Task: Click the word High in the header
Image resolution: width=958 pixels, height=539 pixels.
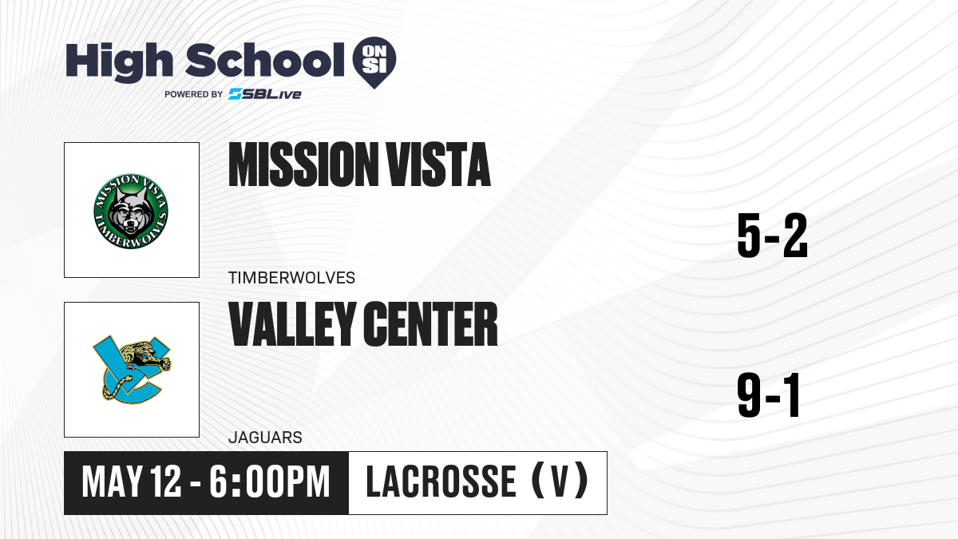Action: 120,62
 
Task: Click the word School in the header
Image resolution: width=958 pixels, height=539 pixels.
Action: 265,60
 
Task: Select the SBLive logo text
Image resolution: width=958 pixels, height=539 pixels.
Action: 265,94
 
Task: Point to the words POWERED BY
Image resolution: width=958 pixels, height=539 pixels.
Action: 194,94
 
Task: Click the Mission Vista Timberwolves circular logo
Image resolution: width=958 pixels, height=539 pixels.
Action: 131,211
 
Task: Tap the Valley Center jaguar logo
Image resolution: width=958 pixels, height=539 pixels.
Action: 132,370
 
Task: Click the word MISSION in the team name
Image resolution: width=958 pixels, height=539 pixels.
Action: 302,164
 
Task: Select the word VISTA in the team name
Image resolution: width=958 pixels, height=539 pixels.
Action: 438,164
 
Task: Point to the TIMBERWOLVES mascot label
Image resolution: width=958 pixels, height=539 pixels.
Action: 291,278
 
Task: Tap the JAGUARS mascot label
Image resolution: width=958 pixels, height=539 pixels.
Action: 265,438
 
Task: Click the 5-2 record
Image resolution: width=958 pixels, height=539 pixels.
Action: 773,236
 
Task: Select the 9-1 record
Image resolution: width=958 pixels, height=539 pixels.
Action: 769,395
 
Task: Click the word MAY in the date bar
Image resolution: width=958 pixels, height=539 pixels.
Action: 112,482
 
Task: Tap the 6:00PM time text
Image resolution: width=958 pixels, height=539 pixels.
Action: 270,482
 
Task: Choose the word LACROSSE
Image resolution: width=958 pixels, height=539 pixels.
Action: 441,482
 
